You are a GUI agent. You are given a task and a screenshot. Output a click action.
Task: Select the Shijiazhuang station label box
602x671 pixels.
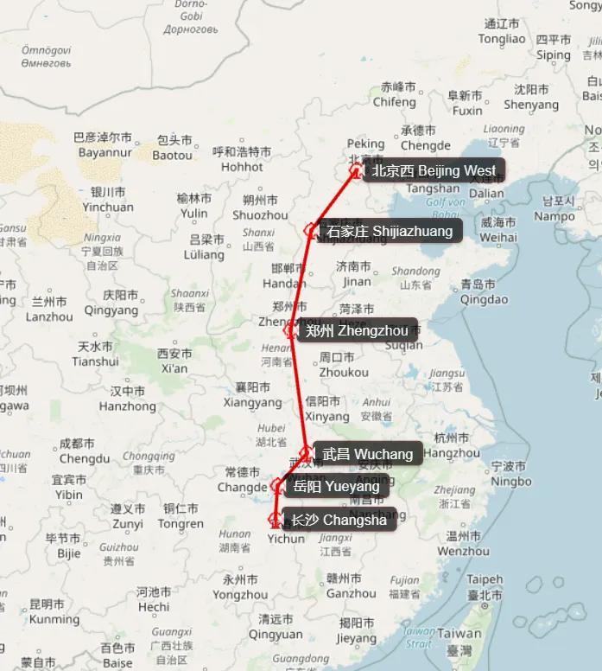pos(389,231)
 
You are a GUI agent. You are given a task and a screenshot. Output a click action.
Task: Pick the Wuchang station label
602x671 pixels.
pos(367,454)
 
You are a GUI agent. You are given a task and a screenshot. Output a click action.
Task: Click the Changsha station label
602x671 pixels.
pos(339,520)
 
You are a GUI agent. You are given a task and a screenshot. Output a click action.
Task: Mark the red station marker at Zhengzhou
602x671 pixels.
pos(290,329)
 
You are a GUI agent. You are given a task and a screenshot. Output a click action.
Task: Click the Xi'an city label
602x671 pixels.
pos(174,361)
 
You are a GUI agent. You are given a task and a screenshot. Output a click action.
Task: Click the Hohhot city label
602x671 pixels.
pos(242,160)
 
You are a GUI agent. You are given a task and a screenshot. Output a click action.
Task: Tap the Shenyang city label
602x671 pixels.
pos(531,97)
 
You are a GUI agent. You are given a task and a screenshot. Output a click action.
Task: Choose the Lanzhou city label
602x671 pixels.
pos(49,310)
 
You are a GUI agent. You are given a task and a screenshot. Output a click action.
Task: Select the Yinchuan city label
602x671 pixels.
pos(108,200)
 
